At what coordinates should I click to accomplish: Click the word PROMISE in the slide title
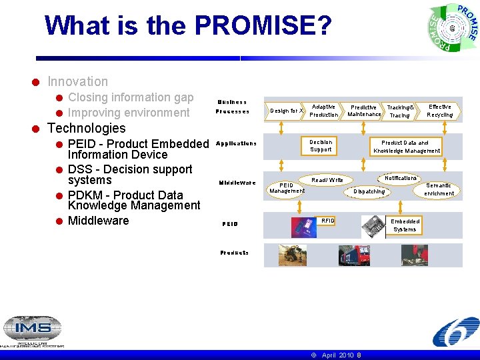tap(263, 26)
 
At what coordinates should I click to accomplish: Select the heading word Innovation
tap(77, 81)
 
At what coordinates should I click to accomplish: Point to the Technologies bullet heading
tap(87, 128)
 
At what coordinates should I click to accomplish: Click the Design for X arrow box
tap(286, 111)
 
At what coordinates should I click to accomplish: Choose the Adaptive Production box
tap(324, 111)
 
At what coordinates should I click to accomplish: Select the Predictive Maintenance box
tap(364, 111)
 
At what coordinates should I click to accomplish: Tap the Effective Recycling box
tap(440, 111)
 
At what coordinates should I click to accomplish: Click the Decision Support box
tap(321, 146)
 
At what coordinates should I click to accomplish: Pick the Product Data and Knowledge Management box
tap(407, 147)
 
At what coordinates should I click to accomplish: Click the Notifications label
tap(401, 178)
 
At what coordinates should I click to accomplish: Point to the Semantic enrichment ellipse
tap(439, 189)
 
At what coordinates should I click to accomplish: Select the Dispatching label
tap(369, 192)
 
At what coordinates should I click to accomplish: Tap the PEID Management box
tap(287, 188)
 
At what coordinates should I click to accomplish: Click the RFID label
tap(328, 221)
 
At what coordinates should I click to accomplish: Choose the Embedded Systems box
tap(405, 225)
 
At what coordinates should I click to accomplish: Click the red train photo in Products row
tap(354, 255)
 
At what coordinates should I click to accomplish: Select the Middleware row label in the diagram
tap(237, 183)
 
